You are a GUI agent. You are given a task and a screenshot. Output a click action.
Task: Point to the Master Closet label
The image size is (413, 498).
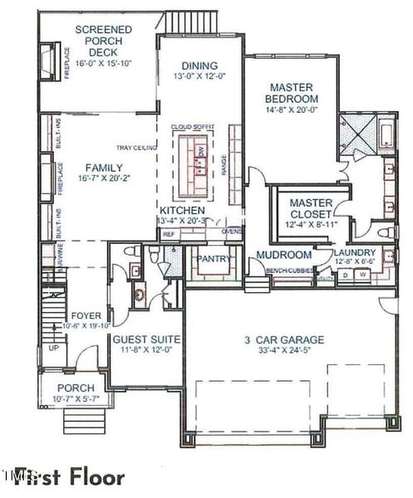point(311,208)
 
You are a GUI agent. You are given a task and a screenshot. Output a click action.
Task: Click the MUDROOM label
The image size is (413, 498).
point(283,255)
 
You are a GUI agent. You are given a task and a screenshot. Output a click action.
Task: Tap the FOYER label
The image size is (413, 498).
point(86,315)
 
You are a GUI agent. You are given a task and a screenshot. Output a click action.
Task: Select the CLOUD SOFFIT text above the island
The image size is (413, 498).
point(193,127)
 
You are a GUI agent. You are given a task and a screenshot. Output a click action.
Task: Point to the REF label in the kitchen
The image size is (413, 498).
point(169,234)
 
